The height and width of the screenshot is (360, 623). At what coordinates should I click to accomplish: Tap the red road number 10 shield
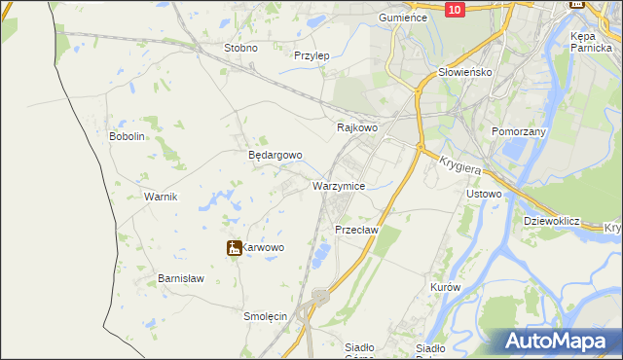pyautogui.click(x=455, y=9)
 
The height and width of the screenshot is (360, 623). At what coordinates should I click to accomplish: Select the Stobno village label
pyautogui.click(x=240, y=48)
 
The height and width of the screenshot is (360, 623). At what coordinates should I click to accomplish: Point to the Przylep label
pyautogui.click(x=311, y=55)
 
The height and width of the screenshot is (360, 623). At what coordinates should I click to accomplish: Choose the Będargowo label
pyautogui.click(x=275, y=155)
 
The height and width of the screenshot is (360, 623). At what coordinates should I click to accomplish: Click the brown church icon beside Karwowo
pyautogui.click(x=234, y=248)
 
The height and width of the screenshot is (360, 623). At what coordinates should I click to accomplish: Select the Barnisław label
pyautogui.click(x=181, y=278)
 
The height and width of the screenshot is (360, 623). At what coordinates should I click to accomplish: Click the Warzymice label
pyautogui.click(x=339, y=185)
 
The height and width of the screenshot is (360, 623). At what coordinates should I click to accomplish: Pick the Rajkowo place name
pyautogui.click(x=356, y=127)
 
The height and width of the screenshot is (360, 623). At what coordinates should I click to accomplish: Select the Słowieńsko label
pyautogui.click(x=465, y=72)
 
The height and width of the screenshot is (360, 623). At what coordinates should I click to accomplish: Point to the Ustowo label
pyautogui.click(x=484, y=194)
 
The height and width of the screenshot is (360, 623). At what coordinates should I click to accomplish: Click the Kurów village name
pyautogui.click(x=444, y=288)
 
